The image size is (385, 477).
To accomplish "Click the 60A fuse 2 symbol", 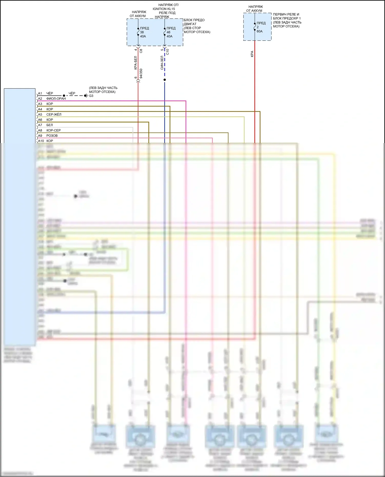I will click(x=255, y=27).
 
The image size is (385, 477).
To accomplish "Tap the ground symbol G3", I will click(x=86, y=96).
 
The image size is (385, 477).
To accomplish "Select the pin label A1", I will click(x=40, y=93).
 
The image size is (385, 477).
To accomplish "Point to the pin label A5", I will click(x=40, y=115).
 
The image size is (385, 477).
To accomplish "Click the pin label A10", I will click(x=41, y=141).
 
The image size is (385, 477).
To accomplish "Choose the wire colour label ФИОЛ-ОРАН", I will click(x=56, y=99).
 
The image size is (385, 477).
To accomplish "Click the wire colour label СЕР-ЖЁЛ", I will click(x=54, y=115).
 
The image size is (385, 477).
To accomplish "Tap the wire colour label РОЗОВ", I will click(x=52, y=136).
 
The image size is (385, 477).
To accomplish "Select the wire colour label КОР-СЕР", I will click(x=53, y=130).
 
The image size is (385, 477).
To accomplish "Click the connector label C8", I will click(x=141, y=51).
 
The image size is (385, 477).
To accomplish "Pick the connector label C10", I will click(x=168, y=52).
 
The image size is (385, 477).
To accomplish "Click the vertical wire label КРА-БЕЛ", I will click(x=136, y=63).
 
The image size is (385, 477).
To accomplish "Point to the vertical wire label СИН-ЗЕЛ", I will click(x=162, y=63).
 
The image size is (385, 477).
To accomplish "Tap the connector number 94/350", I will click(x=141, y=74).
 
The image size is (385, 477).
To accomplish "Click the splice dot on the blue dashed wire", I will click(x=165, y=80).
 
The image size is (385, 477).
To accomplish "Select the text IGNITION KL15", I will click(x=164, y=9).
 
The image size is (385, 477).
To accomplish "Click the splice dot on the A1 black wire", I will click(x=64, y=96).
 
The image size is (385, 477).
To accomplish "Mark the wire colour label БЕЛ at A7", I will click(x=50, y=125).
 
